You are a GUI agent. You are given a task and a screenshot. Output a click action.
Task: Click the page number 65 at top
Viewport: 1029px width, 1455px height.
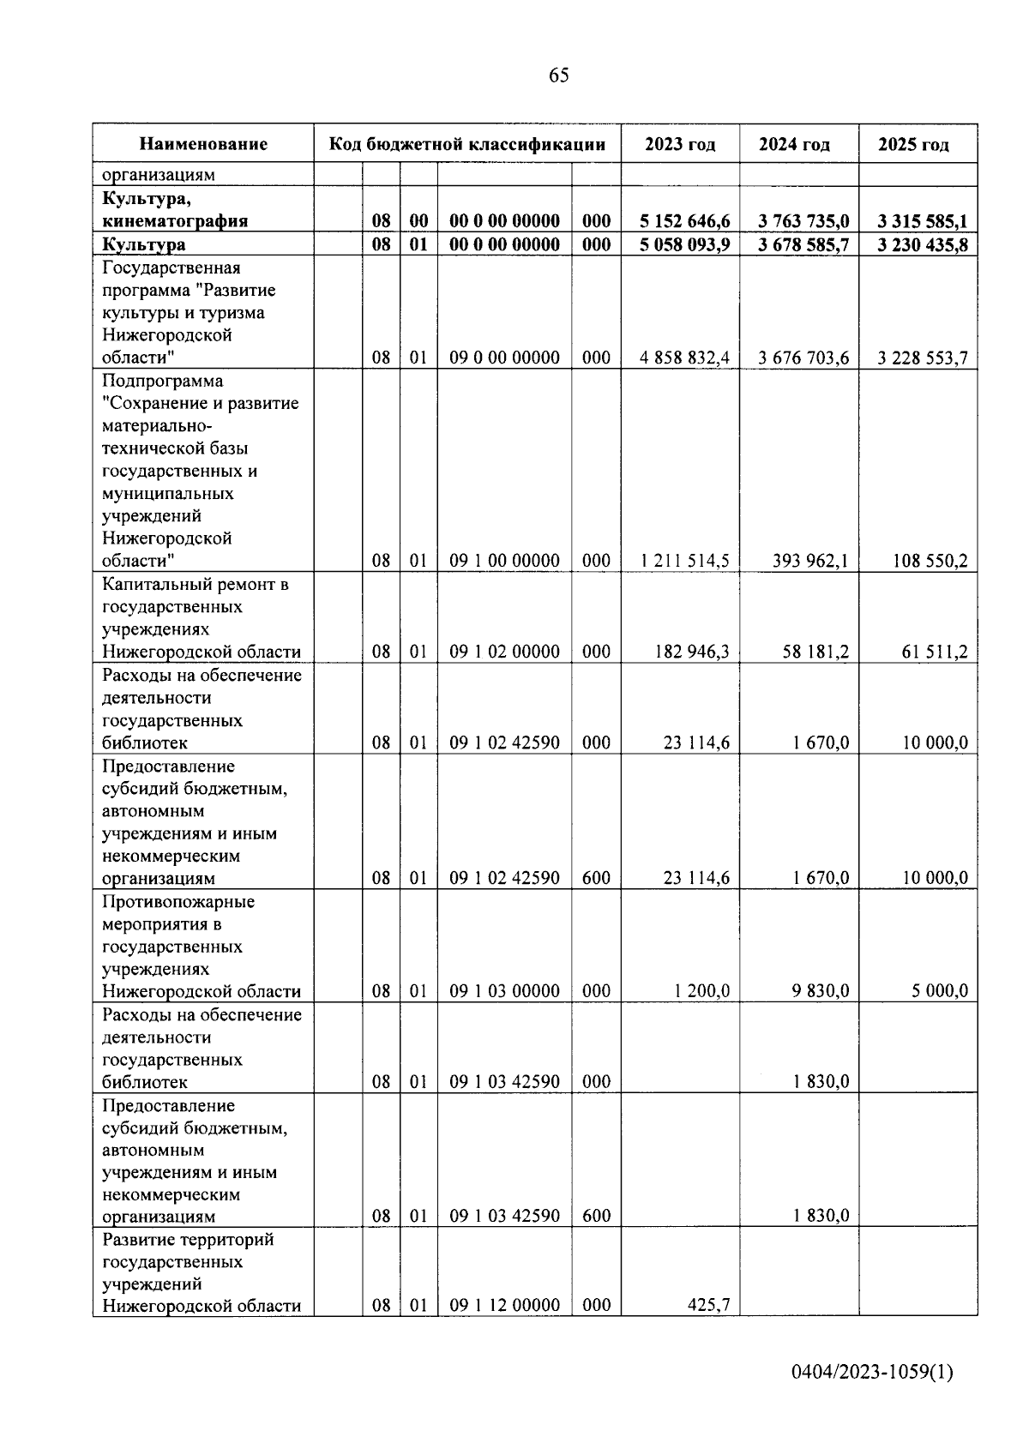(558, 75)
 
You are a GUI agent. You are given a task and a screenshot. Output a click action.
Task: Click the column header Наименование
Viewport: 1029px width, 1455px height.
(203, 144)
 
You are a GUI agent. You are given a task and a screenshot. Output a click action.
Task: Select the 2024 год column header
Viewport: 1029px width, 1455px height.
(794, 144)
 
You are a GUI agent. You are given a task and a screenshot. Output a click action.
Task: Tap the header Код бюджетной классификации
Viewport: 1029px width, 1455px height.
(467, 144)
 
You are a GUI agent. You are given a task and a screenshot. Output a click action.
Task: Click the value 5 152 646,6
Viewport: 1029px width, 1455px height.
(684, 221)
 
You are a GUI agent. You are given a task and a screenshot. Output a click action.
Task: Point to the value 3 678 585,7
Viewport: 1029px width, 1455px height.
(803, 245)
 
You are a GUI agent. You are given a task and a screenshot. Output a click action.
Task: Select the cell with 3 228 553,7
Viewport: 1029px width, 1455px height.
(923, 358)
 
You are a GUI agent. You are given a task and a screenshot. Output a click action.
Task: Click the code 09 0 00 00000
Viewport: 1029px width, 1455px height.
(504, 358)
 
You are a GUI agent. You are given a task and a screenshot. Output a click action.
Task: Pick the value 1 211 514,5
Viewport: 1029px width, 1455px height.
(684, 562)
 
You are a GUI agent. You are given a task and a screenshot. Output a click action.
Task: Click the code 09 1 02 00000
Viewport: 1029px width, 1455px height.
(504, 652)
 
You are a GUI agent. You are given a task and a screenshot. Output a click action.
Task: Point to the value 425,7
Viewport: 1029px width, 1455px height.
(708, 1306)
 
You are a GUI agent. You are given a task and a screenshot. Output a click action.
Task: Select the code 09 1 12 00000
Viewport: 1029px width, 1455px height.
(504, 1306)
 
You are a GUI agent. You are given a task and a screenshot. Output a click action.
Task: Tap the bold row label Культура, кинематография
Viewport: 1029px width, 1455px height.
(175, 210)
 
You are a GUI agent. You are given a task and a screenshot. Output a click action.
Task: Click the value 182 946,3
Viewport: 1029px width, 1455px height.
(695, 652)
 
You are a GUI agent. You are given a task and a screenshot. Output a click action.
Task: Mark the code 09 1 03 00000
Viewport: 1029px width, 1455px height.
(504, 992)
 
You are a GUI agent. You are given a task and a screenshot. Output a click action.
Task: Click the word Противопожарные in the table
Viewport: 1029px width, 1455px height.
(178, 902)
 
